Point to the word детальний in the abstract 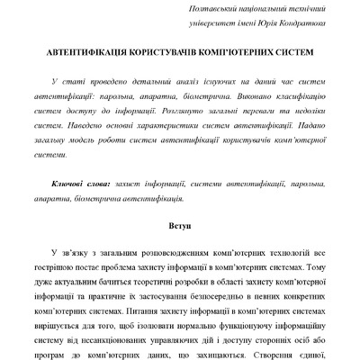click(x=160, y=81)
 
